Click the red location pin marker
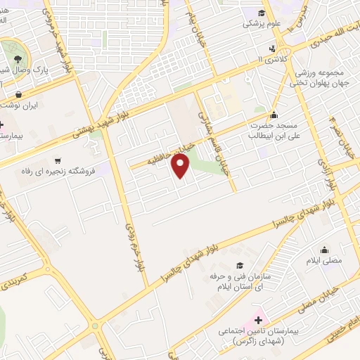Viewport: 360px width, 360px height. (182, 166)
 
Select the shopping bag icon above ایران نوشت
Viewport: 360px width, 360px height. (18, 94)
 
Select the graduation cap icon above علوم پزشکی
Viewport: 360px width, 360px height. (261, 12)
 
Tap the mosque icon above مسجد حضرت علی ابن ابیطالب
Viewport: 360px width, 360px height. (274, 115)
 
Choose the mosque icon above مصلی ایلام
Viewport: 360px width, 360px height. (324, 249)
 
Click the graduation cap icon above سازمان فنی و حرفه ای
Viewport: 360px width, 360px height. (240, 265)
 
